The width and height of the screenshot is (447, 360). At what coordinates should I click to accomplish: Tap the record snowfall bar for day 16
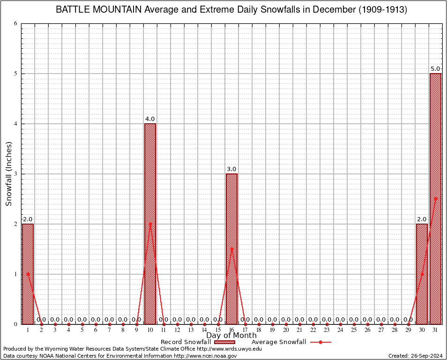click(x=231, y=249)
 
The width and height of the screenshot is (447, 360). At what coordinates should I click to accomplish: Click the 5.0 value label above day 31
click(x=435, y=69)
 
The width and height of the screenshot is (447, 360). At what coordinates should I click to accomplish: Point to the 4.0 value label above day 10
click(x=150, y=119)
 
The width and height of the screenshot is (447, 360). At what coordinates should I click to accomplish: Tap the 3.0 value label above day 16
click(x=231, y=169)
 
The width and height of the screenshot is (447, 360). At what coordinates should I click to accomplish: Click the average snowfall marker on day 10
click(x=150, y=224)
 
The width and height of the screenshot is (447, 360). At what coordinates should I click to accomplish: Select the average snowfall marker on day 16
click(x=231, y=249)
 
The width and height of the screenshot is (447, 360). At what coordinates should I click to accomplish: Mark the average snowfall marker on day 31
click(x=435, y=199)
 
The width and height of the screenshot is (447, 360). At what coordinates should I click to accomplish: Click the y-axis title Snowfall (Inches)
click(x=9, y=174)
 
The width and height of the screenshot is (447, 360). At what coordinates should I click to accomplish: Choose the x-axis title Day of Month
click(x=231, y=336)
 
